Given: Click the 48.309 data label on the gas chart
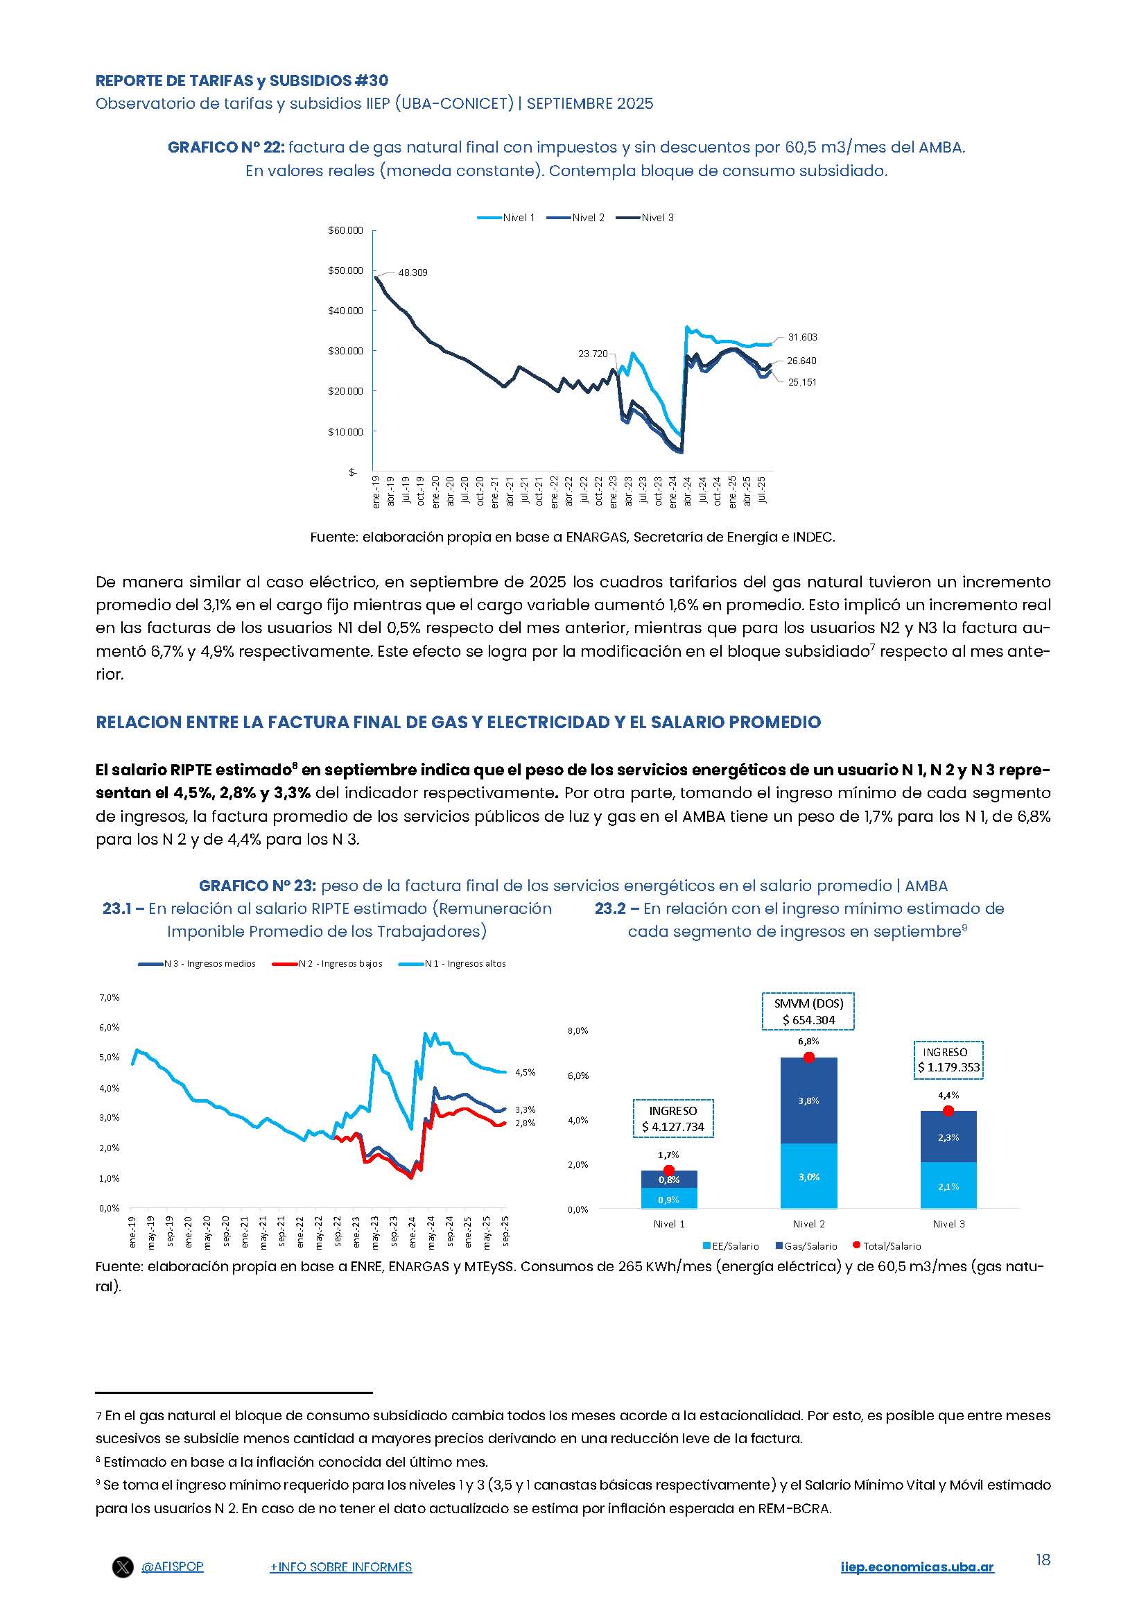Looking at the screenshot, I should (413, 273).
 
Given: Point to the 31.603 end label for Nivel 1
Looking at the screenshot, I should (802, 338).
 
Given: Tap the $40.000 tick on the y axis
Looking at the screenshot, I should (345, 311).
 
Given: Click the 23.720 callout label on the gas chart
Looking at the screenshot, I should (593, 354).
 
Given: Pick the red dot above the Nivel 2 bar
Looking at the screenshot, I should (808, 1057).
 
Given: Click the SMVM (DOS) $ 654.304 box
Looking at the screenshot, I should (808, 1012).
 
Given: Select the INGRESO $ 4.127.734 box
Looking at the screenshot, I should (673, 1119).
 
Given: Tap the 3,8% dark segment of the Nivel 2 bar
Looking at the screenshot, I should (808, 1100).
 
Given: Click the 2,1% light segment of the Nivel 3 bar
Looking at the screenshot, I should (948, 1187).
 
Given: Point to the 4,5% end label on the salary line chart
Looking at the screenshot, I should (525, 1072).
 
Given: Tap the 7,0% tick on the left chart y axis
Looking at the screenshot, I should (110, 997).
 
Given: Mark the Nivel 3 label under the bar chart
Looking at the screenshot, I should (948, 1223).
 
